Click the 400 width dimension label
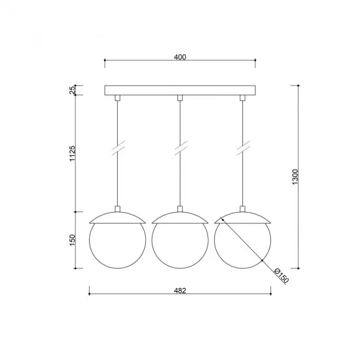coord(181,57)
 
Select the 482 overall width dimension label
coord(181,291)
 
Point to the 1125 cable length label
coord(73,155)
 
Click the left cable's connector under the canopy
coord(117,98)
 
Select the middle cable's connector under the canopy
coord(180,98)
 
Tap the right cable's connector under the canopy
coord(242,98)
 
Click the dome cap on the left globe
coord(117,217)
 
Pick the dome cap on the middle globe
coord(180,217)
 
